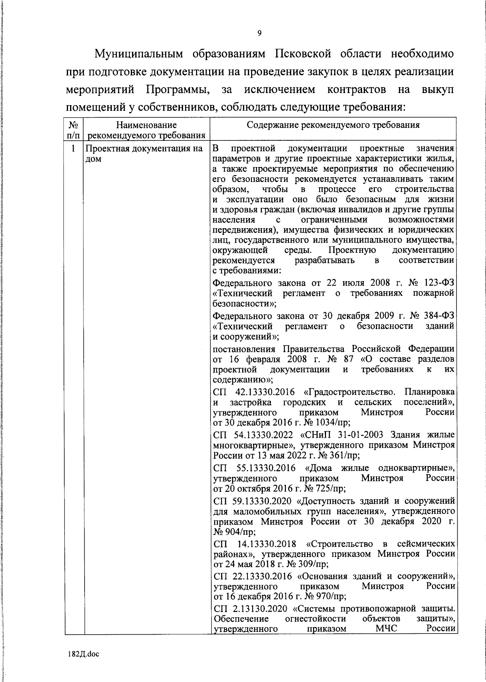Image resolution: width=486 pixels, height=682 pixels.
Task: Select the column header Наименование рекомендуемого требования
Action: coord(147,130)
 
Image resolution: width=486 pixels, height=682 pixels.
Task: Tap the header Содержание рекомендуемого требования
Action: coord(333,125)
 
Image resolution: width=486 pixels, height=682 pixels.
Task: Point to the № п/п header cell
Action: coord(74,130)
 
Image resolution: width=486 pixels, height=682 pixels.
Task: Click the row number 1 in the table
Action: coord(73,148)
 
